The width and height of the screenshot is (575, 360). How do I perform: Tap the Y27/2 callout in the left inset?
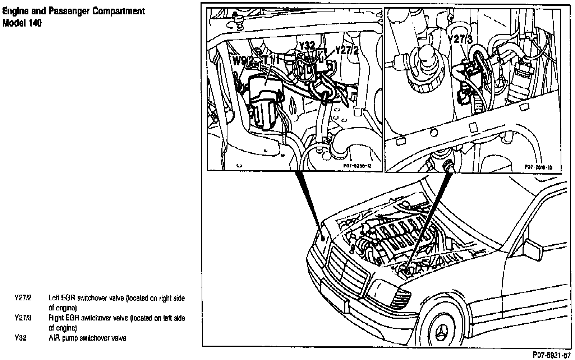point(346,50)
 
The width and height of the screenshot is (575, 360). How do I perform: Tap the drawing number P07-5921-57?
point(552,356)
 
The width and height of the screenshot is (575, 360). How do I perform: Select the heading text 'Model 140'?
point(22,23)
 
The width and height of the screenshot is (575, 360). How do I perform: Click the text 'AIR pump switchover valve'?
point(87,338)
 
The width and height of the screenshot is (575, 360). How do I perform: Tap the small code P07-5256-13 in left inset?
point(356,166)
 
